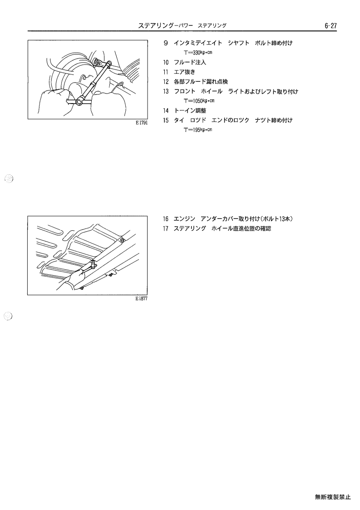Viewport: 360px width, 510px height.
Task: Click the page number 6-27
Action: [x=330, y=26]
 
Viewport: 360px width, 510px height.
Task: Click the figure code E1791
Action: [x=142, y=123]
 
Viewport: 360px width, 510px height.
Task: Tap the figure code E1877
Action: [x=142, y=298]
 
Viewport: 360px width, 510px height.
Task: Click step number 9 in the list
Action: [x=166, y=43]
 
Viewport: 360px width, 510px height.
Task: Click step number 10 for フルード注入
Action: [x=166, y=63]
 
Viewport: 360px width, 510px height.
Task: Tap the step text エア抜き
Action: [x=184, y=72]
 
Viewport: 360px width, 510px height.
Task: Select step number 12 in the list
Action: [x=166, y=82]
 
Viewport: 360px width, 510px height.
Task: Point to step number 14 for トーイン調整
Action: [x=166, y=111]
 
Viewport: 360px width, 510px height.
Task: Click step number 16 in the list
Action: [x=166, y=219]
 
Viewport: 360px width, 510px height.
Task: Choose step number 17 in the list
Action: [x=166, y=228]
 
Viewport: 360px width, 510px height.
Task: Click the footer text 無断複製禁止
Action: [x=333, y=497]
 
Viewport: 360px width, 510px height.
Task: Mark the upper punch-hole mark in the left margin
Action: [x=9, y=178]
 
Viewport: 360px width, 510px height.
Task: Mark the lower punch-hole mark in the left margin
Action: [x=9, y=316]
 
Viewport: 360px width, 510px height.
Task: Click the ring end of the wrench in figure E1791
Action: [x=79, y=103]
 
